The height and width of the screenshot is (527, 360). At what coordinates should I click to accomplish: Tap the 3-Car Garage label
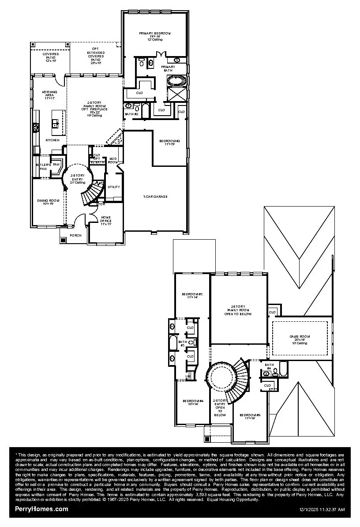click(155, 196)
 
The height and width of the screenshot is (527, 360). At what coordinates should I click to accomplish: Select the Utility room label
click(114, 187)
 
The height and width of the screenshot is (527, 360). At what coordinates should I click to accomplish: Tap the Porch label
click(75, 235)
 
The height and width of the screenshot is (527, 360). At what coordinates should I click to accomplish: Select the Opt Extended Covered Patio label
click(96, 56)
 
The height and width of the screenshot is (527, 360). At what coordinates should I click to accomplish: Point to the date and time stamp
click(322, 510)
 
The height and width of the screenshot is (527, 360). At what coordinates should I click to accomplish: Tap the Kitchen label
click(52, 140)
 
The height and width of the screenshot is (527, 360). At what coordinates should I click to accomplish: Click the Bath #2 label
click(132, 114)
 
